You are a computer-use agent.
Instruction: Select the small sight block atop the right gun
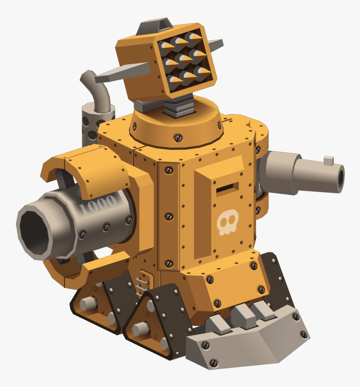coord(329,160)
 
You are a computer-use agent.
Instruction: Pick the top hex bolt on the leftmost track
coord(89,302)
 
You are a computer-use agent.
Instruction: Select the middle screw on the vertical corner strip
coord(169,217)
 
